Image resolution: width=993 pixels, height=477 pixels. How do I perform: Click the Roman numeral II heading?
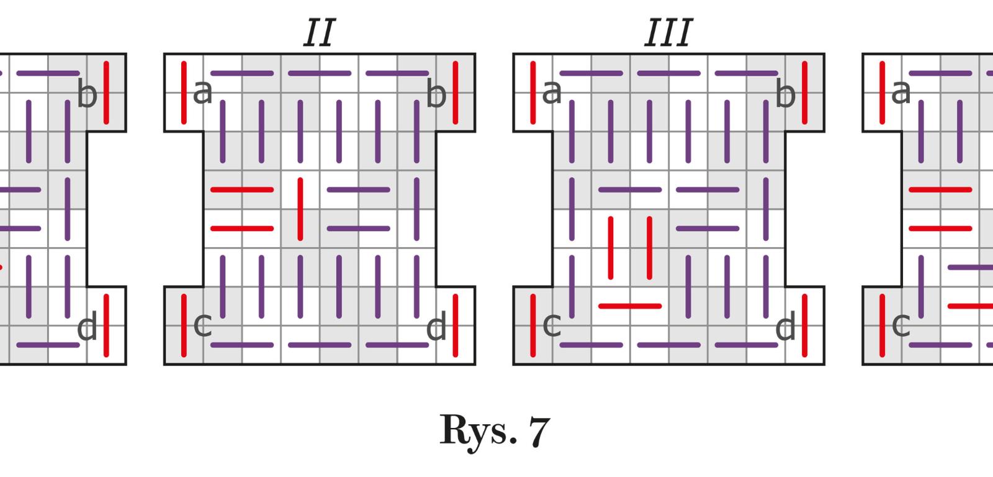[320, 34]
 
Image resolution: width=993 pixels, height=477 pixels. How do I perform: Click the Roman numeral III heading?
[668, 34]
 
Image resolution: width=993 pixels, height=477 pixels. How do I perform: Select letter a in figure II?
[203, 93]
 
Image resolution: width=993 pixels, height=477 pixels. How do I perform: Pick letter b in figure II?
[436, 94]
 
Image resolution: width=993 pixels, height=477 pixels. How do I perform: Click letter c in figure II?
[203, 325]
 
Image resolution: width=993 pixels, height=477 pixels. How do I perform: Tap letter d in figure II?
[436, 327]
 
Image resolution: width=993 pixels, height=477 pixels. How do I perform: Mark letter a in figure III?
[552, 93]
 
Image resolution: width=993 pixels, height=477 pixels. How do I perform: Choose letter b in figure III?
[785, 94]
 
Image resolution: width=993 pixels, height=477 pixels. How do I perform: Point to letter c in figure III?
[552, 325]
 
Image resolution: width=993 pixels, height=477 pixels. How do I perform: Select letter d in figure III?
[785, 327]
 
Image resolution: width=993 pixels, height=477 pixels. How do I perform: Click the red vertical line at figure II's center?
[300, 209]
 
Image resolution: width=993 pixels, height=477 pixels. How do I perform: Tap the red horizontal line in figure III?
[630, 306]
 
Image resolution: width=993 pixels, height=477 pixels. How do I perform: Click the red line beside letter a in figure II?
[184, 92]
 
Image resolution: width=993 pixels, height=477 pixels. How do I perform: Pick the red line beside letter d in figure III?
[805, 325]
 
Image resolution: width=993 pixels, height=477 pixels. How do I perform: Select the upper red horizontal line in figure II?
[242, 189]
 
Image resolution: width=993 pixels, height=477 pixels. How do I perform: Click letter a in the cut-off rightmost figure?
[901, 93]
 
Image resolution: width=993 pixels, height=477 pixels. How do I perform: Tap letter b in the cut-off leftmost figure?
[87, 94]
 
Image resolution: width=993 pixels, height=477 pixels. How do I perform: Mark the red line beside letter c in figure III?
[533, 325]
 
